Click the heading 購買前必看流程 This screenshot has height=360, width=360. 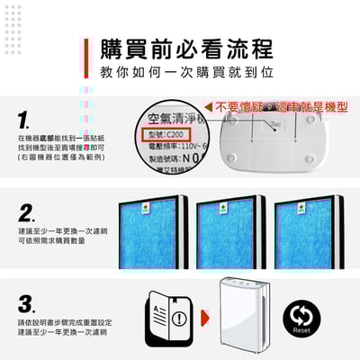point(185,48)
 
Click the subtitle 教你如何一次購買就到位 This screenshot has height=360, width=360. point(185,70)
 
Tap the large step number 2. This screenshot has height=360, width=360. point(26,212)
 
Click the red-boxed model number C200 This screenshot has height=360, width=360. point(173,134)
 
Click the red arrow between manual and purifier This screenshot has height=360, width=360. point(204,317)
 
